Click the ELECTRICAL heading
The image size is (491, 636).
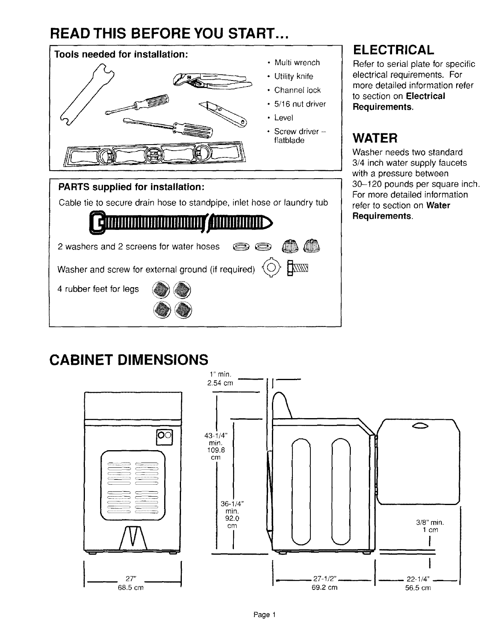(x=393, y=50)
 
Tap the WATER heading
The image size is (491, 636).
(x=374, y=139)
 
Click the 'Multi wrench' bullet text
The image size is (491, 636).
(x=297, y=62)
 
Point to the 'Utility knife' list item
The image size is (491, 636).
(x=294, y=76)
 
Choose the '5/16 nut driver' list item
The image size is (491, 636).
(x=300, y=104)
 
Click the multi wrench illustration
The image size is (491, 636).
(x=86, y=96)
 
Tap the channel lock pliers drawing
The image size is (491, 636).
(x=212, y=81)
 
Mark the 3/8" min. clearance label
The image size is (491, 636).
(x=431, y=523)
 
